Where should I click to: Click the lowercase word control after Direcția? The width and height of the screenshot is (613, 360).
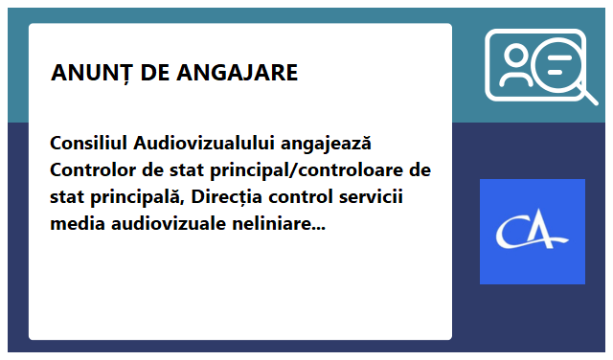297,198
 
